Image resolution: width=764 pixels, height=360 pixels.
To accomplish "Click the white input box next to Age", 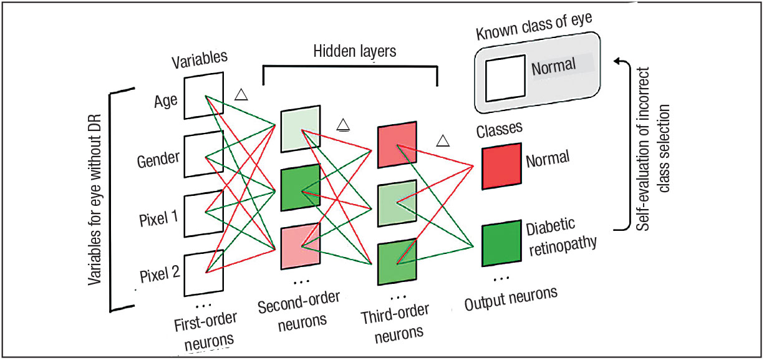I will click(203, 95).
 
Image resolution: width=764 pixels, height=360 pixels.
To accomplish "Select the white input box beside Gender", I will click(203, 155).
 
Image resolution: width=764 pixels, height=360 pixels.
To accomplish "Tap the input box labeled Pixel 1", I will click(203, 213).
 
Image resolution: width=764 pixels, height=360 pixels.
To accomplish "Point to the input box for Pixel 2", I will click(203, 272).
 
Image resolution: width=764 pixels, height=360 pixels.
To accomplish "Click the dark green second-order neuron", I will click(300, 187).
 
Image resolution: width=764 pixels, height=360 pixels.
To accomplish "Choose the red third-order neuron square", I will click(397, 146).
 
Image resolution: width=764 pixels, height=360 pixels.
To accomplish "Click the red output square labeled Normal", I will click(501, 165).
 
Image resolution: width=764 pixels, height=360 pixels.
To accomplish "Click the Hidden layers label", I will click(355, 52).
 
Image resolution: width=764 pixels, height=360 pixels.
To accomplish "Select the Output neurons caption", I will click(511, 299).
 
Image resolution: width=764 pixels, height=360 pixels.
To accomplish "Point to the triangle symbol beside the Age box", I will click(241, 95).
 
